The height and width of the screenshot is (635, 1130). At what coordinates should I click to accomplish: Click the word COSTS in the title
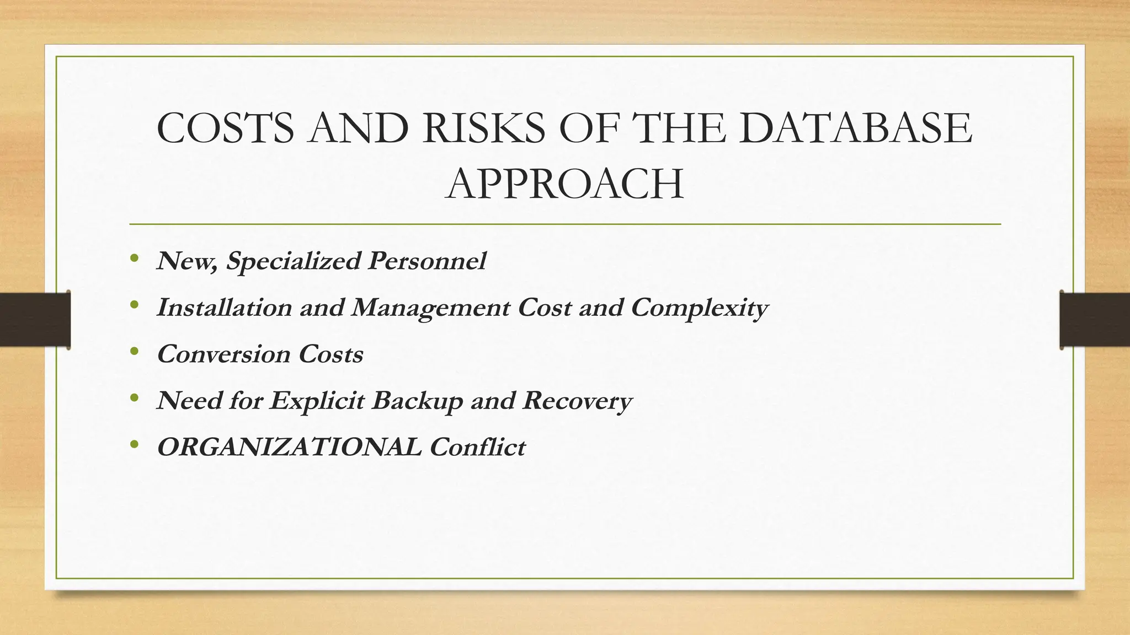click(x=225, y=128)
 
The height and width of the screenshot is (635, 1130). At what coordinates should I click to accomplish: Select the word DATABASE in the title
click(x=855, y=128)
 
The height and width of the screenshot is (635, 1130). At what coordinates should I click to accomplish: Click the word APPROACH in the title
click(x=564, y=184)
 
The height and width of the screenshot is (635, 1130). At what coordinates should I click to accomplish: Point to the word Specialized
click(x=293, y=261)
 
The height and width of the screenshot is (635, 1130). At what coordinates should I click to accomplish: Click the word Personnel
click(x=427, y=261)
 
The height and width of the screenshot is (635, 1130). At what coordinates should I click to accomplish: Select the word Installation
click(x=224, y=307)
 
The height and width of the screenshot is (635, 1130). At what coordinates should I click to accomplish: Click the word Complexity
click(x=699, y=308)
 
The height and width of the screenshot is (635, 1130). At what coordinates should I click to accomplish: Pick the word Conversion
click(x=223, y=354)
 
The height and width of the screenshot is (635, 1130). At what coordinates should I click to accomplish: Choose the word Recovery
click(x=577, y=401)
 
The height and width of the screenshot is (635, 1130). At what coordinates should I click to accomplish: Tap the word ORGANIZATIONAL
click(x=289, y=447)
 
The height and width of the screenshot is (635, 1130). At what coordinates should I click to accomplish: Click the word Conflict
click(x=477, y=447)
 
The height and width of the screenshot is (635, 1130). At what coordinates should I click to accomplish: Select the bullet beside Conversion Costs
click(x=134, y=351)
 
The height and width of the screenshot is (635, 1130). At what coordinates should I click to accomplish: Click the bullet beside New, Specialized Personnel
click(x=134, y=258)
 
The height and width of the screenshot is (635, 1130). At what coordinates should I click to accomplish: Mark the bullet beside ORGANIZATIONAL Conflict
click(x=134, y=444)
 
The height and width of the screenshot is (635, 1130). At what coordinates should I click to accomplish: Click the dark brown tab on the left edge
click(x=35, y=320)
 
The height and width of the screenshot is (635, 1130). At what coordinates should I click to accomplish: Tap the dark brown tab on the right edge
click(x=1095, y=320)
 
